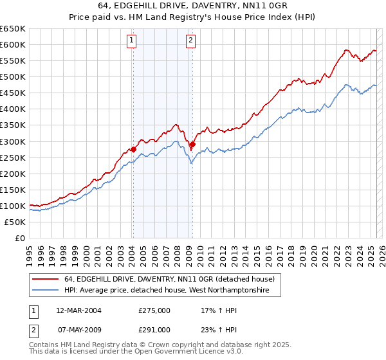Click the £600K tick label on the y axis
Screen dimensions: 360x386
[13, 44]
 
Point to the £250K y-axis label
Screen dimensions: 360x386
[13, 157]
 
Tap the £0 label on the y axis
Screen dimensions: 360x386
[19, 238]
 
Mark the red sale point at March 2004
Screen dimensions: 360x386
[133, 149]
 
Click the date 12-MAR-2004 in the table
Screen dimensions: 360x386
[78, 310]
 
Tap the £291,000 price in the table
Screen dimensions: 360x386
[154, 329]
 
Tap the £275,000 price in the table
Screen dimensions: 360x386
[154, 310]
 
